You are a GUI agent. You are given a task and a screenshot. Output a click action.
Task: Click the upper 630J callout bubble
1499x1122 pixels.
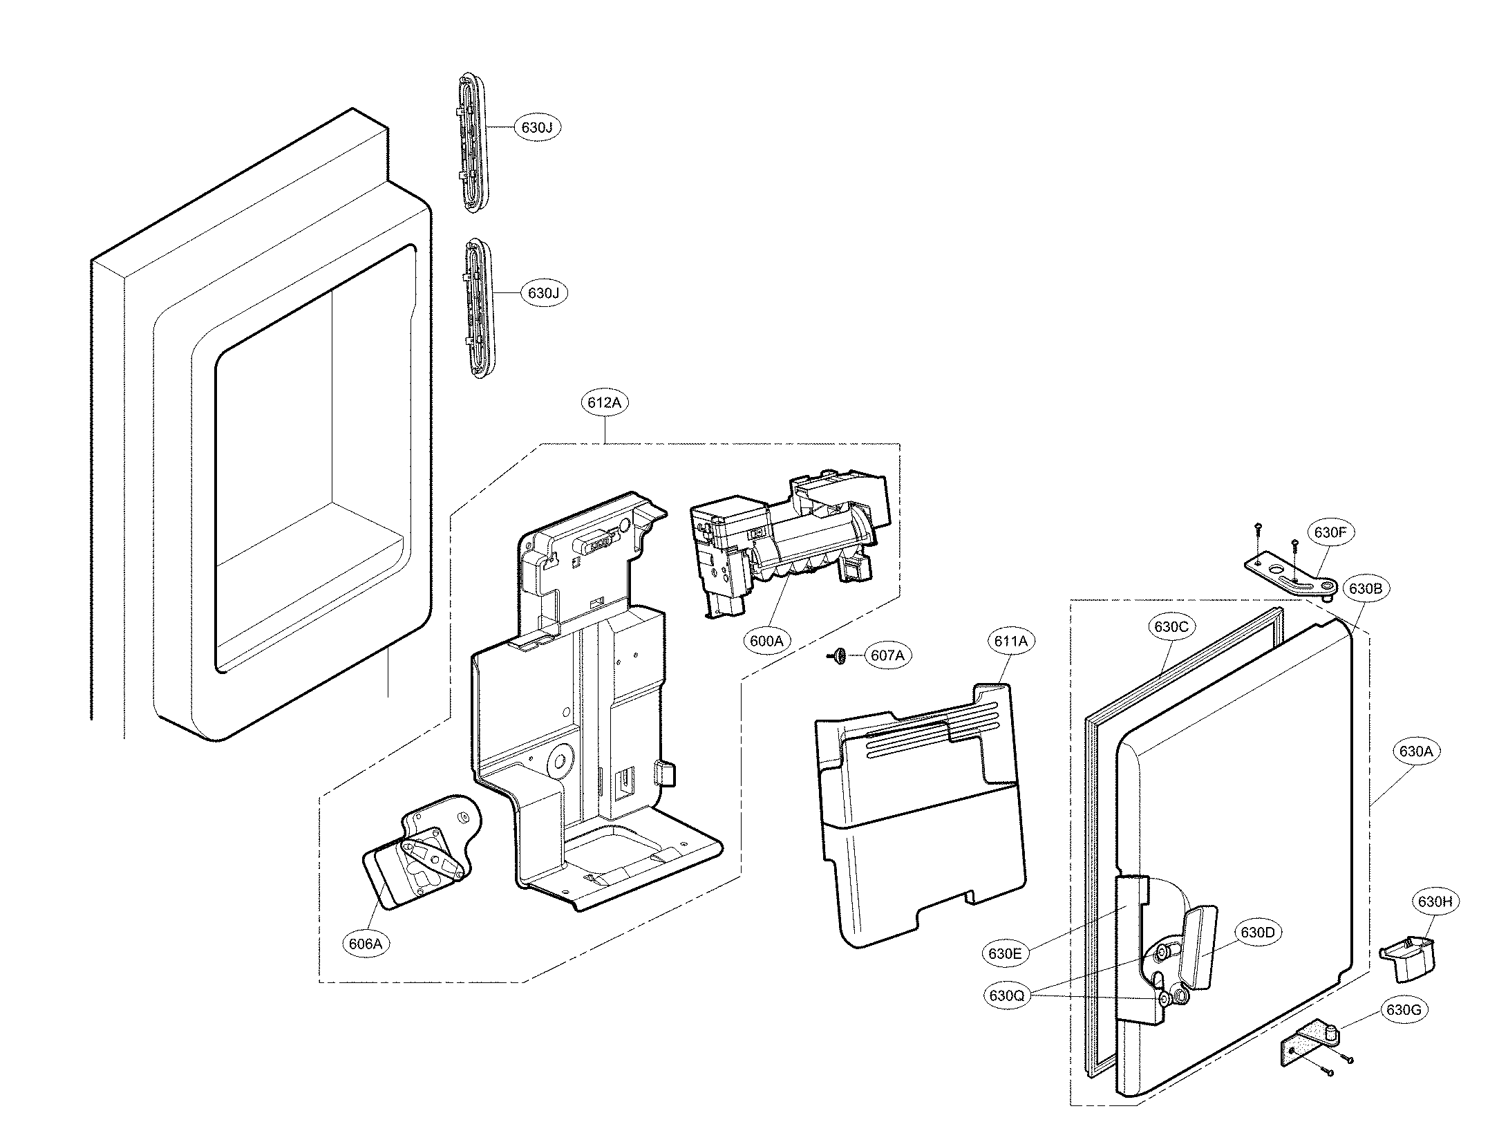[536, 127]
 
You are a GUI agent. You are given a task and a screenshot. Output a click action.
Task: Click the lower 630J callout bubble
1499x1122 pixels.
[543, 293]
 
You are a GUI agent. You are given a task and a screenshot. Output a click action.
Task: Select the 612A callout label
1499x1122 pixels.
[604, 402]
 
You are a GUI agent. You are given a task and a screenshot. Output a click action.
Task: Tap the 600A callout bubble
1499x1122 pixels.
[766, 641]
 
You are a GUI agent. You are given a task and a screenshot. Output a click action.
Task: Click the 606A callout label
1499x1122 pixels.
[366, 944]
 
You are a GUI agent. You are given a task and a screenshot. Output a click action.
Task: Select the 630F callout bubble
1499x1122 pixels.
[1330, 532]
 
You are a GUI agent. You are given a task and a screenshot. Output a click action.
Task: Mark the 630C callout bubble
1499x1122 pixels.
[1171, 626]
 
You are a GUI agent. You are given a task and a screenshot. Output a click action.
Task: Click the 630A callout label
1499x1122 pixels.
[1415, 751]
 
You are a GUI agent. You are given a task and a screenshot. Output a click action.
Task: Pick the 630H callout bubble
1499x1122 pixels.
[1434, 901]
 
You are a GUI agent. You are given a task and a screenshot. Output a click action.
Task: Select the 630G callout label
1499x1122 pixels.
[1403, 1010]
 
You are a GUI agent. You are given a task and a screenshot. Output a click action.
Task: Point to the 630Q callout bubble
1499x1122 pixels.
[1006, 995]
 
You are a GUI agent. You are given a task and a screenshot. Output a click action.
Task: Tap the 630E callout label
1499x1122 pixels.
[1004, 953]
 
